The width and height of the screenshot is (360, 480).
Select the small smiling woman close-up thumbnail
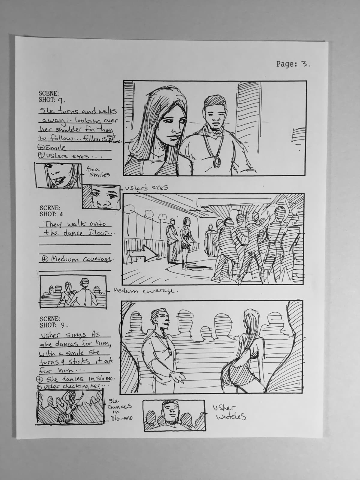click(58, 176)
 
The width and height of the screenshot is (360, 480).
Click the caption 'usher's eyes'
click(147, 188)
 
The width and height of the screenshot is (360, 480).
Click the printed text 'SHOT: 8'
click(51, 214)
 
